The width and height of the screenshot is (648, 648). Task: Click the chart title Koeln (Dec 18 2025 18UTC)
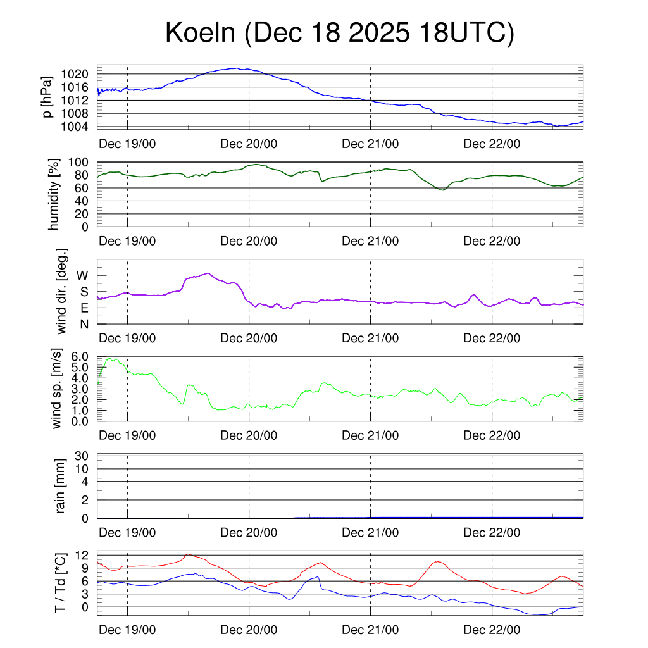[340, 34]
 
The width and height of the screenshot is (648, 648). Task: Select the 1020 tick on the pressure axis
[77, 74]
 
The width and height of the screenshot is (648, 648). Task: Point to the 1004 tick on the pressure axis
[77, 127]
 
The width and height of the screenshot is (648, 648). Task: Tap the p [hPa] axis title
[47, 97]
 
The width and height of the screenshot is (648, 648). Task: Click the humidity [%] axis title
[55, 194]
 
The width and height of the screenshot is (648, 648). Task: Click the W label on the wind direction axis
[82, 275]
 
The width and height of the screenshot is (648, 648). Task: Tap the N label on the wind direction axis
[84, 324]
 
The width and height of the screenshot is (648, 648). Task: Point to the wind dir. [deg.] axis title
[61, 291]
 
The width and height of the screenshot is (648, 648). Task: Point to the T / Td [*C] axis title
[61, 583]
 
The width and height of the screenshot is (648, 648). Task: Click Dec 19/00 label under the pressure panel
[127, 144]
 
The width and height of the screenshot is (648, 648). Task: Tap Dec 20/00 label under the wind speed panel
[249, 435]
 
